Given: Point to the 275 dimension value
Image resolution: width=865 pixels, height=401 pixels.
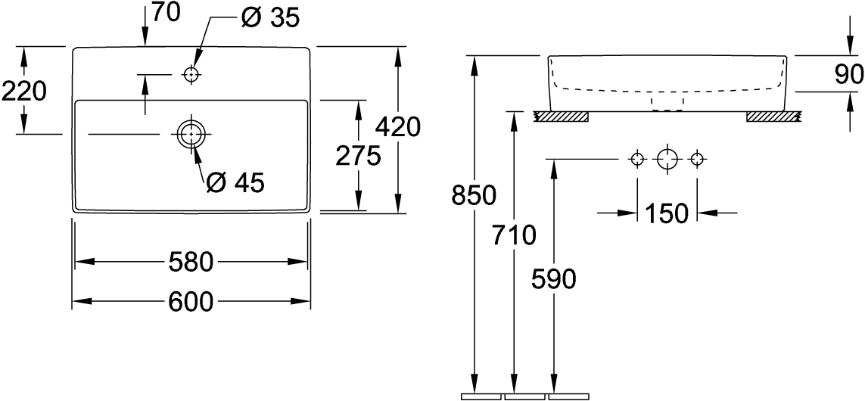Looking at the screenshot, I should (358, 156).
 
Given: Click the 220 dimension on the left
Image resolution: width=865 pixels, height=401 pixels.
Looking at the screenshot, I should (24, 92).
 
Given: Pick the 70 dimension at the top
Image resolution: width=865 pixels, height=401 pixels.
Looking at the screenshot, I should (166, 13).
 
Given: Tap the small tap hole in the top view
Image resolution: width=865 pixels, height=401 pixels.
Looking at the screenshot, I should (191, 74).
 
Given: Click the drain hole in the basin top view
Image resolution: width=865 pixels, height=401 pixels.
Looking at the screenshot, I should (191, 134).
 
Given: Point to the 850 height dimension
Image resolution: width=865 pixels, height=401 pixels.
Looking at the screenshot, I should (474, 195).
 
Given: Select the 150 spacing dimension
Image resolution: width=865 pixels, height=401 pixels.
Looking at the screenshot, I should (667, 213).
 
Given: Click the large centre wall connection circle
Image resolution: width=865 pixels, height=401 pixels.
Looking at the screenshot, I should (667, 159).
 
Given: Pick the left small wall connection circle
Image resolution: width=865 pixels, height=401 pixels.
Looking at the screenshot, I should (637, 159).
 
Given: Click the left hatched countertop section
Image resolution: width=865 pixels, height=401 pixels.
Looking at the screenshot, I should (561, 117).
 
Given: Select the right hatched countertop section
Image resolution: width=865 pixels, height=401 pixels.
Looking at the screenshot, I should (773, 117).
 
